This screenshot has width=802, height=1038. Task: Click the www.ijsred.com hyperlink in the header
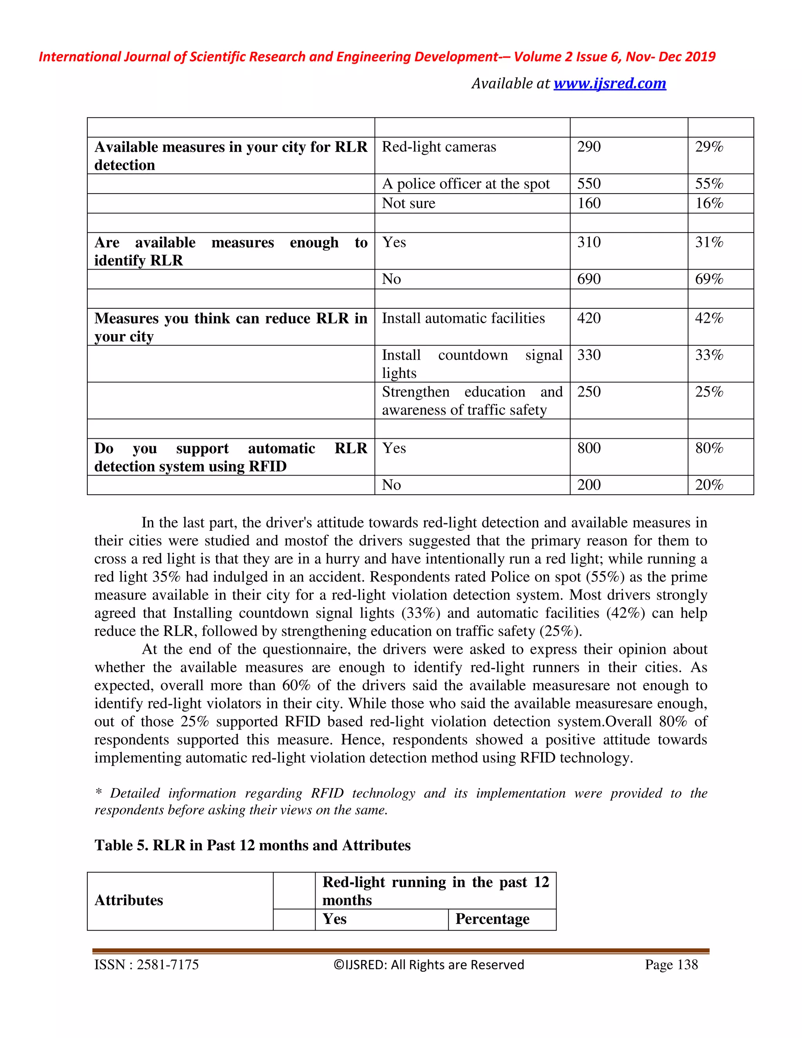(610, 84)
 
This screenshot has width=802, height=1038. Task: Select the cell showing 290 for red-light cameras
(589, 147)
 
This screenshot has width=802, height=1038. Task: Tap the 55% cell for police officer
(709, 184)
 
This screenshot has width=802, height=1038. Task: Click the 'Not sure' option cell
(408, 203)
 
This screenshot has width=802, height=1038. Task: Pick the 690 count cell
(589, 279)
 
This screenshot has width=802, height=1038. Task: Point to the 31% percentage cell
(709, 242)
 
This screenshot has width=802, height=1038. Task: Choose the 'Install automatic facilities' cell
(463, 318)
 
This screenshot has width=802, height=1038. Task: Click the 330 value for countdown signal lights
(589, 355)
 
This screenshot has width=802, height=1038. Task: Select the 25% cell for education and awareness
(709, 392)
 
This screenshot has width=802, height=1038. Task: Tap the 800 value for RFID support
(589, 448)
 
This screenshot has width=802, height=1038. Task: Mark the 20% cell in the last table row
(709, 485)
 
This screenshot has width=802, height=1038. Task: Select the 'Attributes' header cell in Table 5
(129, 900)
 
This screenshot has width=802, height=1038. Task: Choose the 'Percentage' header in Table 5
(492, 919)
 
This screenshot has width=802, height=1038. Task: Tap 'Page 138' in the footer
(671, 965)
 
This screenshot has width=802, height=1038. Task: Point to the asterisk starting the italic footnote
(98, 793)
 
